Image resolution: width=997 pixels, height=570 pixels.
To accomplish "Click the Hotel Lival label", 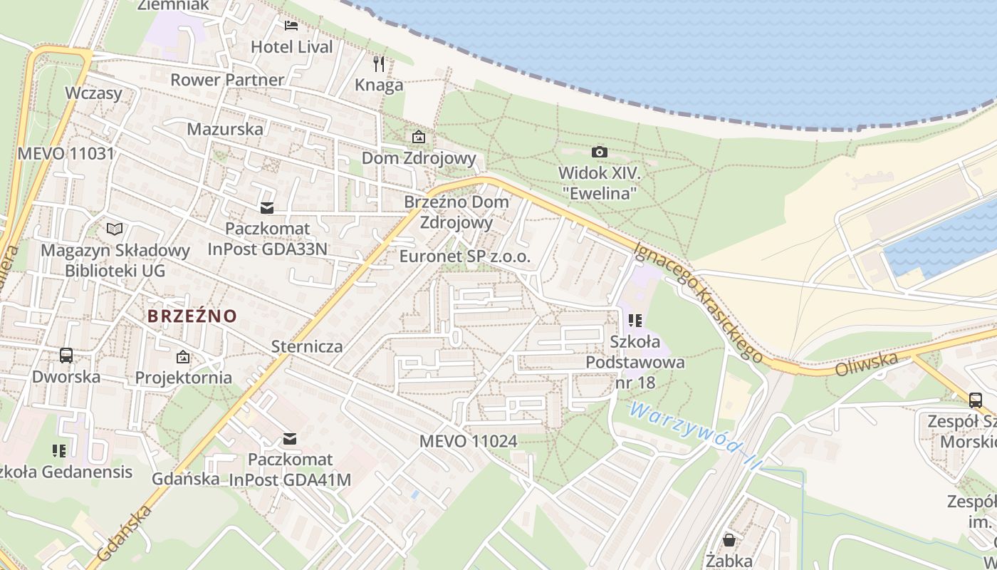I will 292,47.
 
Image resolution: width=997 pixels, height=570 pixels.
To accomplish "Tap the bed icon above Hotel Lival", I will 291,26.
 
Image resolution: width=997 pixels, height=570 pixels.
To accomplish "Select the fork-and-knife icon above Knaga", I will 379,64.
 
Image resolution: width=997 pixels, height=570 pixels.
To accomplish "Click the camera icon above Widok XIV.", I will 600,152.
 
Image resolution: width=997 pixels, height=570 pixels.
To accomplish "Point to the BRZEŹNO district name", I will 192,316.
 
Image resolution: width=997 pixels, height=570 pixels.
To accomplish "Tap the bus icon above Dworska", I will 66,355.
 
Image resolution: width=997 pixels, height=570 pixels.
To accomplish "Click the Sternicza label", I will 307,347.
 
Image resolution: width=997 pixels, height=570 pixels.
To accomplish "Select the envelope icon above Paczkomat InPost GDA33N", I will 267,208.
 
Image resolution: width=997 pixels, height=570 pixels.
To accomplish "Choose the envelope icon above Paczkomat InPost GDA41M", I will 290,439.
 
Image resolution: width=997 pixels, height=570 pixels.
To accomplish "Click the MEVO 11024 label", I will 468,441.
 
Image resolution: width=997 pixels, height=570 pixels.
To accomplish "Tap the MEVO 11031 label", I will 66,154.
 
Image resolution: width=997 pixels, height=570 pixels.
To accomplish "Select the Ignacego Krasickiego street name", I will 699,301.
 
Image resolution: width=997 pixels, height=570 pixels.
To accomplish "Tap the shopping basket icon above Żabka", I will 729,539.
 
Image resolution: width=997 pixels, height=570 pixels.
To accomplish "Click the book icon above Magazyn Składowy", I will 115,229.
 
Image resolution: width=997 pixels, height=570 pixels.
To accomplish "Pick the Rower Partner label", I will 227,80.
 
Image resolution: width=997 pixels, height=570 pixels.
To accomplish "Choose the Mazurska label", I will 225,130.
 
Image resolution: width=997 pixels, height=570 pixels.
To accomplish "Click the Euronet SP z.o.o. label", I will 465,256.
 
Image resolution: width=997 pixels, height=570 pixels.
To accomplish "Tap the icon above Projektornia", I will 183,356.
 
